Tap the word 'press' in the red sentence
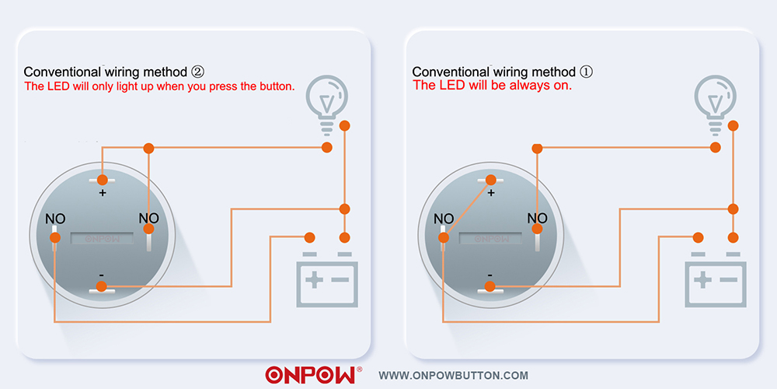tap(214, 86)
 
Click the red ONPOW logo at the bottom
tap(310, 375)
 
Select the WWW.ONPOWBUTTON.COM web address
tap(453, 376)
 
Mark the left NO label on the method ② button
tap(55, 219)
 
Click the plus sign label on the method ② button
tap(102, 193)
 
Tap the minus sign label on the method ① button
tap(490, 275)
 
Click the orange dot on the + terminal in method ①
tap(490, 180)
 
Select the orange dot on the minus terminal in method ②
tap(102, 286)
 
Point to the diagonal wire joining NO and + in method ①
tap(467, 209)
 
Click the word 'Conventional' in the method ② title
tap(62, 72)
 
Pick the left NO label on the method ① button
tap(444, 219)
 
